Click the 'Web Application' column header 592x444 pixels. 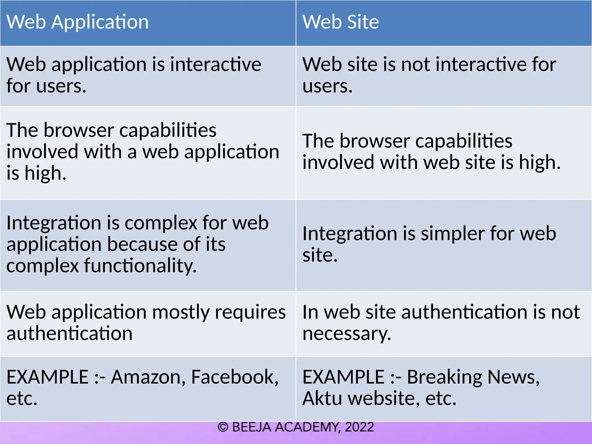[x=77, y=22]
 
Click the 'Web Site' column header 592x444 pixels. [x=341, y=22]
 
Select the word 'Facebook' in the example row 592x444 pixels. [x=234, y=377]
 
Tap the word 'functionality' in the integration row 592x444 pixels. [x=140, y=266]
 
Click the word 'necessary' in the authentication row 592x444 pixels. [x=347, y=334]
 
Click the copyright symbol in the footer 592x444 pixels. [x=223, y=427]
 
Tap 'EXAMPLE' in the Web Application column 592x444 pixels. [x=47, y=377]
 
